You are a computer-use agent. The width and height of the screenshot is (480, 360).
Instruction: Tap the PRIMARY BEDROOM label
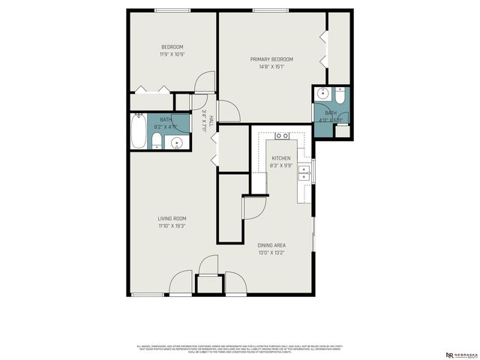(271, 59)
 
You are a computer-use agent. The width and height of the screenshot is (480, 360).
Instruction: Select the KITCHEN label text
(281, 158)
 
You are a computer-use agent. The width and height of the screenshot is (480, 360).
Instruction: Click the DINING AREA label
(271, 245)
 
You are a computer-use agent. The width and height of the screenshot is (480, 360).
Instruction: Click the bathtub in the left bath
(138, 131)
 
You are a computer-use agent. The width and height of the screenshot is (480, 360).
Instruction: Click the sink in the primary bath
(322, 94)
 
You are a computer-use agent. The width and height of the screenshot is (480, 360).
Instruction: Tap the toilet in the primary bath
(340, 95)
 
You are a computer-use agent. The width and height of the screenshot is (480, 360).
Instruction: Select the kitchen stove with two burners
(283, 136)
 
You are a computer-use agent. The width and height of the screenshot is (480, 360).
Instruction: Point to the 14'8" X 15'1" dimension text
(271, 67)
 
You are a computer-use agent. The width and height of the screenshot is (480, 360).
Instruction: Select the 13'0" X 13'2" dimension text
(271, 253)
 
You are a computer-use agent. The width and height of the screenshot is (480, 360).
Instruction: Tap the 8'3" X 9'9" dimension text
(281, 166)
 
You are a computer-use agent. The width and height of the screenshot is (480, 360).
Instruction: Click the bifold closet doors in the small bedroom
(152, 91)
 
